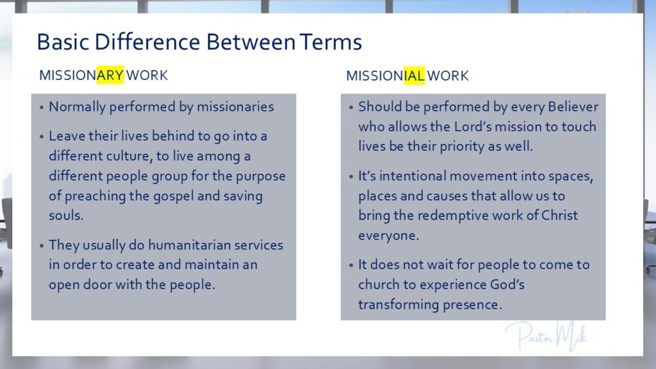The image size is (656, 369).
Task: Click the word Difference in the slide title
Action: (x=147, y=42)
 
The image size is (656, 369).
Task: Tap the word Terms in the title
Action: (x=331, y=42)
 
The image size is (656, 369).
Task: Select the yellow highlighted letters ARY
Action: (x=110, y=75)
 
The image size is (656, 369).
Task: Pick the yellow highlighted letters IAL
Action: (x=414, y=76)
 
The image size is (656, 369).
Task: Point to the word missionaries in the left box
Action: (x=235, y=107)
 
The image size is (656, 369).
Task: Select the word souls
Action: (x=66, y=215)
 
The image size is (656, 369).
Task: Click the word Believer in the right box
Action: (x=573, y=107)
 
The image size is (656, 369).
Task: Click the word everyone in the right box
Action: (x=388, y=236)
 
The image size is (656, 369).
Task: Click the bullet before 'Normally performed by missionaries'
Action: (x=42, y=108)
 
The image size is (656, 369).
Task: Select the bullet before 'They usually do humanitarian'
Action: (x=42, y=245)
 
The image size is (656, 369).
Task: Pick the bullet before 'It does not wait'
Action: (x=351, y=265)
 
